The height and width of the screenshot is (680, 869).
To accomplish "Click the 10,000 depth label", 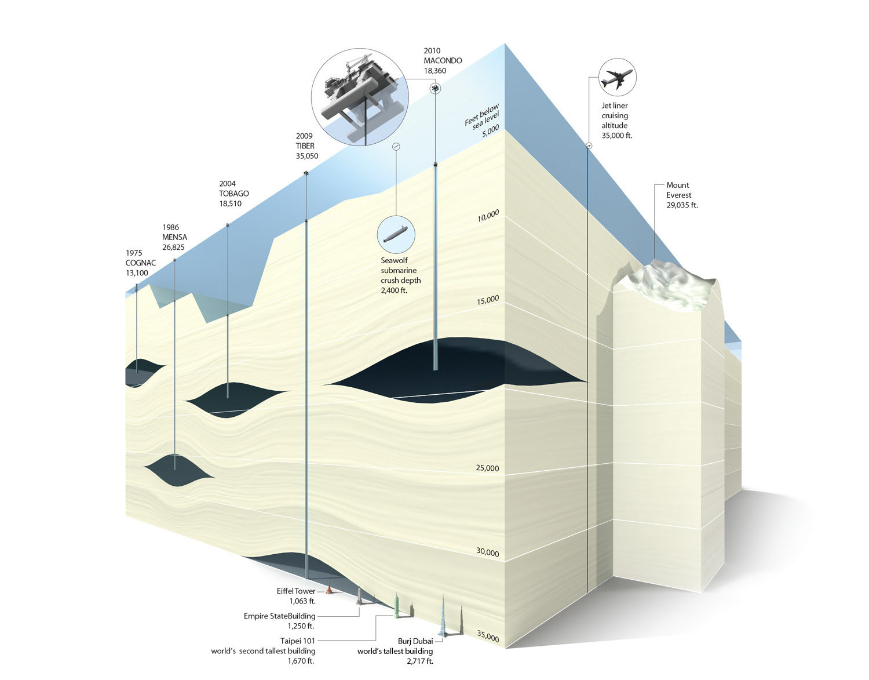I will [488, 216].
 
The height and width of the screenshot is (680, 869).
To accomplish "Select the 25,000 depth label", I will [487, 468].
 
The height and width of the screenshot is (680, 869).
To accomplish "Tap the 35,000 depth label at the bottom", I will [488, 637].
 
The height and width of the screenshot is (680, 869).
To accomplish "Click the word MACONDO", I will [443, 60].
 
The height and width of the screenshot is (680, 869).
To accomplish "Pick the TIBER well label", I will [305, 146].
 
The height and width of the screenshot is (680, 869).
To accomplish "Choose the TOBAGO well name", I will [234, 194].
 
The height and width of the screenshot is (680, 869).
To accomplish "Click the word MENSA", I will [174, 237].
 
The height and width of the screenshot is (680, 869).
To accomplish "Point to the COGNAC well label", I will [141, 263].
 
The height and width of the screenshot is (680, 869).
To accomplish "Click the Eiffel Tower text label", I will [296, 591].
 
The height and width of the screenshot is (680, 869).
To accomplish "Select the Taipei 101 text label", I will [298, 641].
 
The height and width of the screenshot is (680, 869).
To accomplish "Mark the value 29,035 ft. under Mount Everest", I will [682, 205].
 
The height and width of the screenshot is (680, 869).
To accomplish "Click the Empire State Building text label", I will [279, 616].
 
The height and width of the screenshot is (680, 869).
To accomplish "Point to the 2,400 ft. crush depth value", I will [394, 290].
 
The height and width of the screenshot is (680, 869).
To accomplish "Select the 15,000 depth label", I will [488, 300].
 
